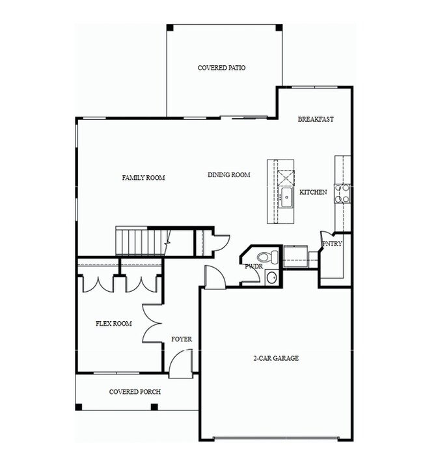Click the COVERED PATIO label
tap(221, 68)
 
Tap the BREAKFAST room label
tap(316, 119)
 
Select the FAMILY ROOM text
tap(143, 178)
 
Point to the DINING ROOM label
tap(229, 175)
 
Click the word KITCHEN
tap(313, 192)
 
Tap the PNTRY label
tap(331, 244)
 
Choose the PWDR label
tap(253, 266)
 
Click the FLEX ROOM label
tap(114, 324)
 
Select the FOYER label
tap(181, 339)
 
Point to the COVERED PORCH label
tap(135, 391)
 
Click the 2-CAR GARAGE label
tap(276, 358)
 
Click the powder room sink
tap(271, 278)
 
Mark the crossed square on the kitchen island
tap(286, 178)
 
